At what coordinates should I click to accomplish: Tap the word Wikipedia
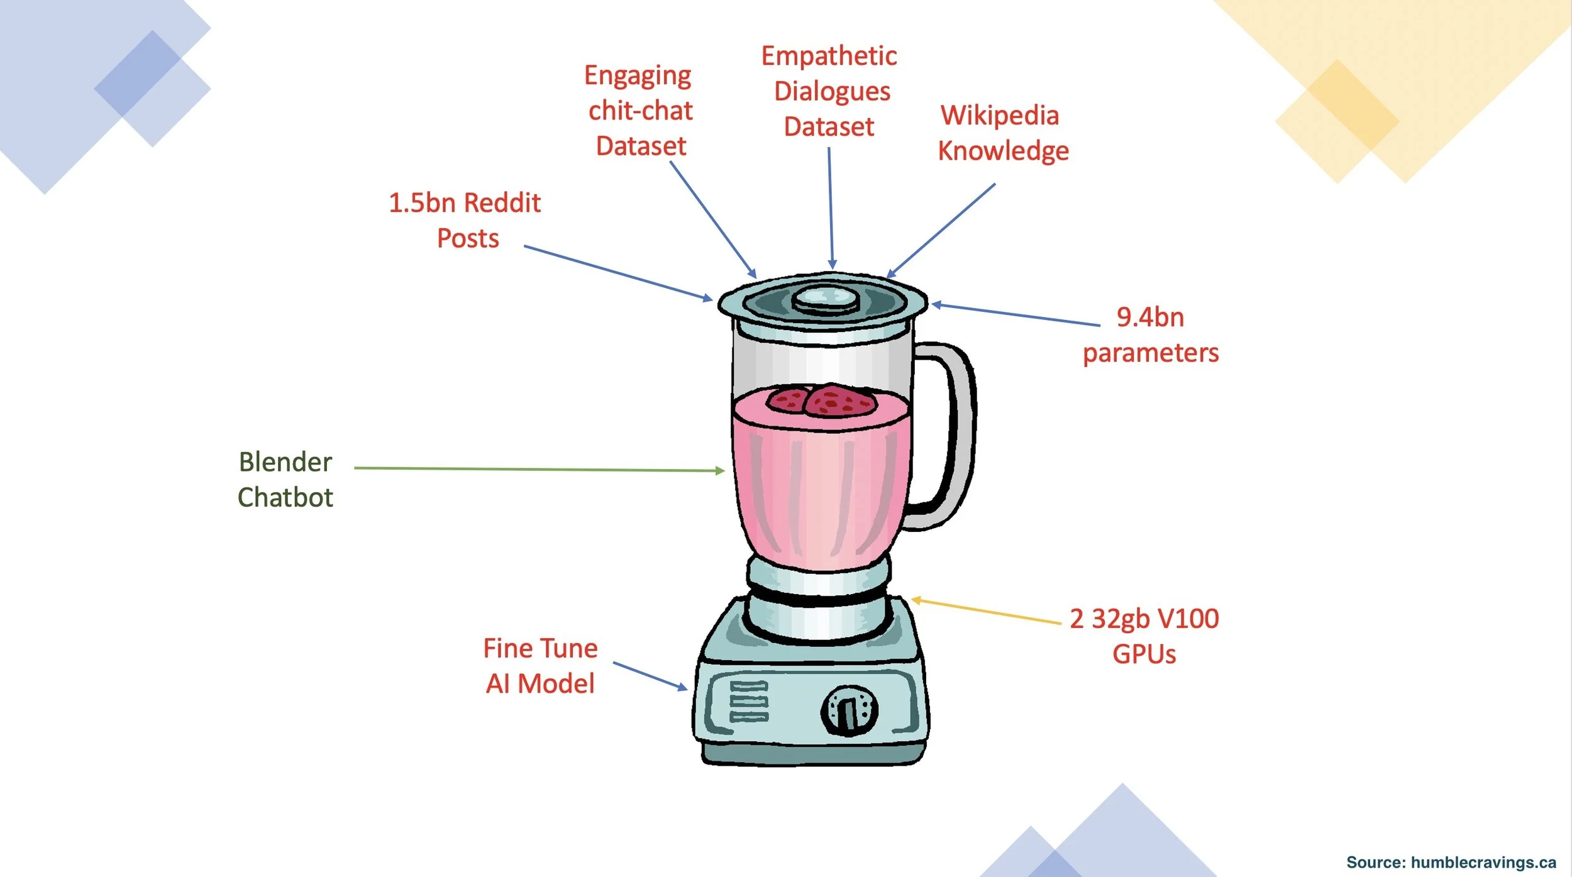click(1000, 116)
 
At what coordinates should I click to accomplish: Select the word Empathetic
click(829, 57)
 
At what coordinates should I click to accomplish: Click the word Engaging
click(638, 76)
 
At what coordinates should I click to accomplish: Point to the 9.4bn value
click(1150, 317)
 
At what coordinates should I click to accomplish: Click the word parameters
click(1151, 353)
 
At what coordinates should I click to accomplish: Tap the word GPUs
click(1144, 654)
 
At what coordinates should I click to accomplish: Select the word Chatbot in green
click(285, 497)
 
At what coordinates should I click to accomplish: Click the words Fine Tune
click(540, 648)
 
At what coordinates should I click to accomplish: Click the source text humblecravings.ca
click(1483, 863)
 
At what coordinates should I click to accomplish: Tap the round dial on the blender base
click(849, 710)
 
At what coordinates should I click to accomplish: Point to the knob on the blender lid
click(826, 299)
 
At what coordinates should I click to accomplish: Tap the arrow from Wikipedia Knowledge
click(941, 230)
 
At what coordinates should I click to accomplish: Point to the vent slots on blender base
click(748, 701)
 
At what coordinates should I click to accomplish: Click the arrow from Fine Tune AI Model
click(650, 676)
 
